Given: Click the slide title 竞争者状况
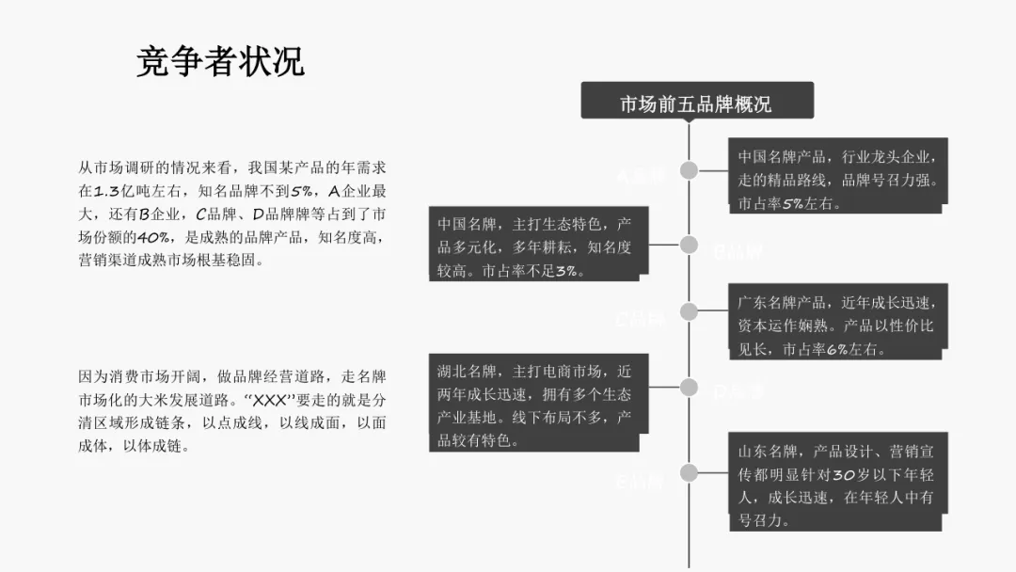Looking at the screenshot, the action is (220, 63).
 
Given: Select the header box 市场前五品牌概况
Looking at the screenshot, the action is (696, 103).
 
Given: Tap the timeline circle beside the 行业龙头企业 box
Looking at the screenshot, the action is (690, 170).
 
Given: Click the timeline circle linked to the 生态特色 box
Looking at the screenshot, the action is (690, 245).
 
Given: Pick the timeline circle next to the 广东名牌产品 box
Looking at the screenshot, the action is (690, 312).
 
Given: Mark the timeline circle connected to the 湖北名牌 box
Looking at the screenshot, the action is (690, 386).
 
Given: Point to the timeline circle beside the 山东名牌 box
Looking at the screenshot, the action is (690, 472).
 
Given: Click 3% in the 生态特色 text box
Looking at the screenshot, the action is (566, 271).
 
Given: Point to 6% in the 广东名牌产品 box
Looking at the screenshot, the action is (837, 349).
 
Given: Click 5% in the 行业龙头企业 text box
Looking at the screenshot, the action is (792, 203).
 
